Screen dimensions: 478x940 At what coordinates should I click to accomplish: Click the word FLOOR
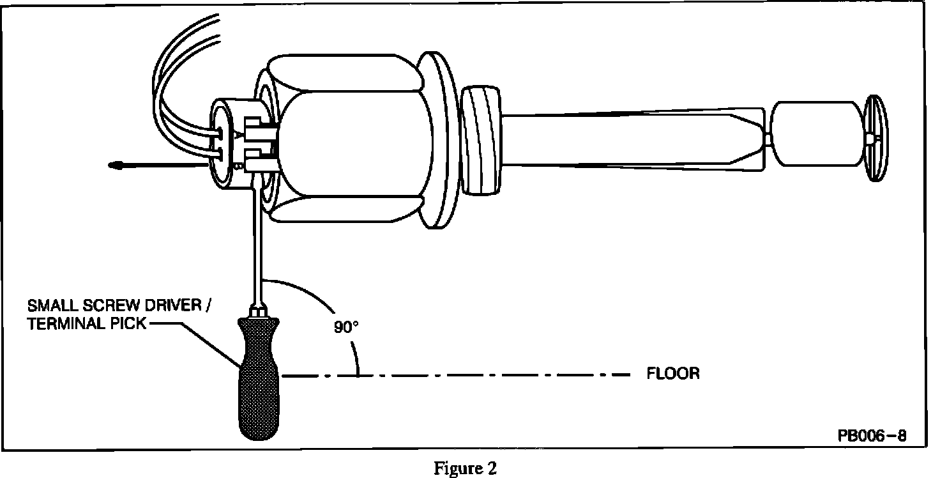click(673, 373)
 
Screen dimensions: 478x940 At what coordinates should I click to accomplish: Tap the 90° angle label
click(347, 327)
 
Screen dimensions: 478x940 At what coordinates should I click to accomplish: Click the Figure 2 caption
click(465, 468)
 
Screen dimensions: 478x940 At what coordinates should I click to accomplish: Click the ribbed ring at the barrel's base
click(480, 141)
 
